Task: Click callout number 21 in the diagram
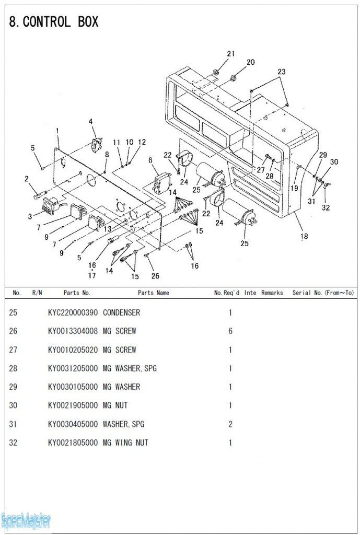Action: point(231,54)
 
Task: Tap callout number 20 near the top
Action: point(250,62)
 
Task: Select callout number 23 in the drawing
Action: point(281,72)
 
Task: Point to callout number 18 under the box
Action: point(304,236)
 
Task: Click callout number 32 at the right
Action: point(326,207)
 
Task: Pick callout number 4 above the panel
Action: point(90,122)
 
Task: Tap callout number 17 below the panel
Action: point(92,275)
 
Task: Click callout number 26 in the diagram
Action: point(155,276)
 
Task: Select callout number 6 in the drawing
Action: point(150,160)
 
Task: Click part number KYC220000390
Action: point(72,312)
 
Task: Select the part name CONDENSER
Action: point(121,312)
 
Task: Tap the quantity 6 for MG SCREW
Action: point(230,331)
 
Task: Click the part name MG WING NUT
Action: point(125,443)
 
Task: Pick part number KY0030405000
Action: point(72,424)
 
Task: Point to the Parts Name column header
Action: point(154,293)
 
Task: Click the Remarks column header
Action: point(272,293)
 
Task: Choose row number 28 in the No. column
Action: point(13,368)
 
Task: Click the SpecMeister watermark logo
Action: point(26,521)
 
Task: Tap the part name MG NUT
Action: point(115,405)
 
